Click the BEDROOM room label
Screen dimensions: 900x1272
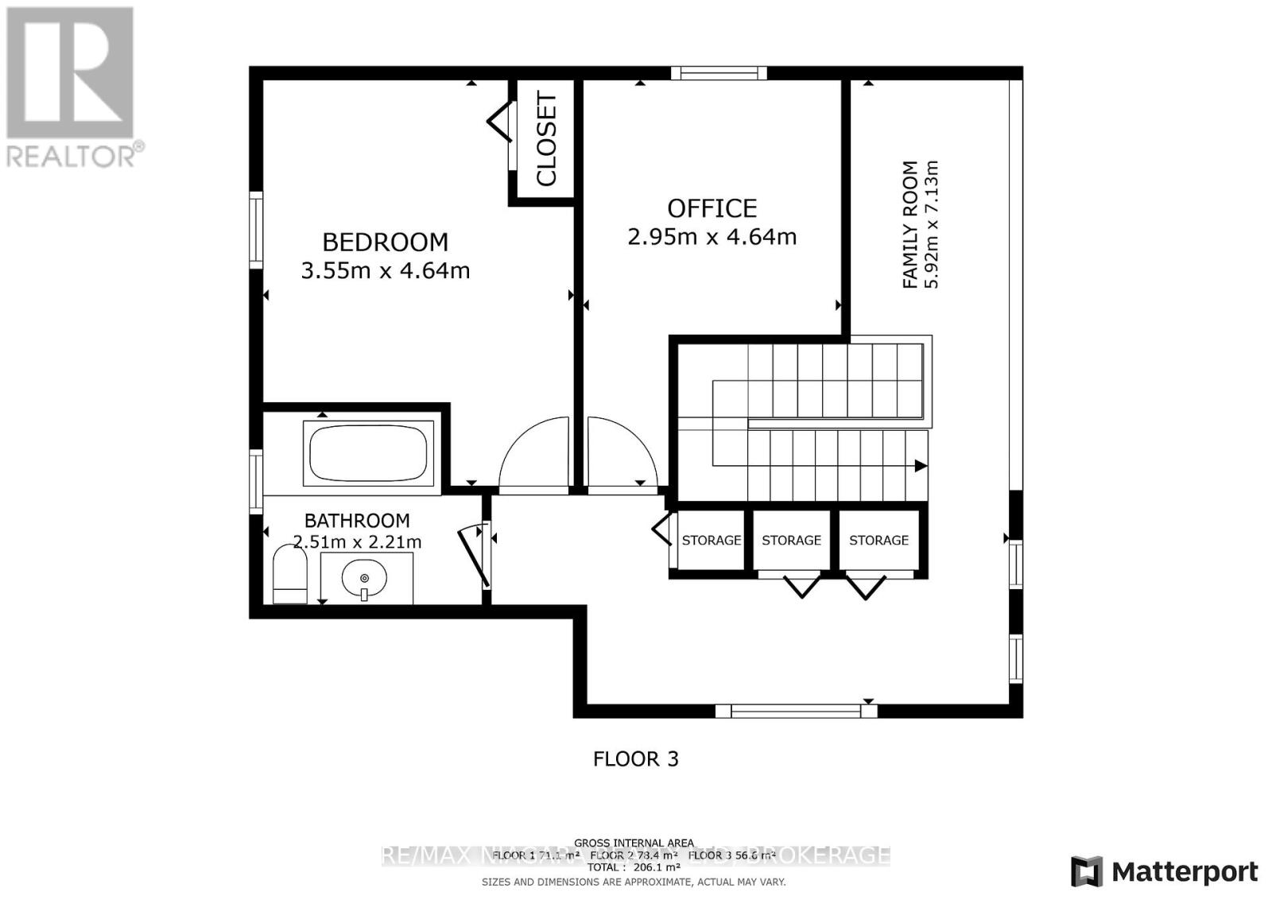(x=385, y=242)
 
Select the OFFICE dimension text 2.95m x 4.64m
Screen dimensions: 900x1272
(x=712, y=237)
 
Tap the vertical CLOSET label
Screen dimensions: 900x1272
(x=547, y=139)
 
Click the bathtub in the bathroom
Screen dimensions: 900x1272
(x=368, y=452)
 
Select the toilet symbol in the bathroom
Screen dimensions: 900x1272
(x=289, y=574)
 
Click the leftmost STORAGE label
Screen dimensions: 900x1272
(x=711, y=541)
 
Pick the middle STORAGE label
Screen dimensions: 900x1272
(x=791, y=541)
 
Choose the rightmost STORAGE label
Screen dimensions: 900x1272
(x=878, y=541)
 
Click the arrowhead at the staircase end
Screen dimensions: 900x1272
(x=921, y=466)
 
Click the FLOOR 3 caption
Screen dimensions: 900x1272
(x=636, y=758)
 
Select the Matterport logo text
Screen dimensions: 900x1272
(x=1184, y=872)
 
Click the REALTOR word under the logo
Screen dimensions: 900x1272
(x=72, y=156)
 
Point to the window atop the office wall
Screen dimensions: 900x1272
(x=719, y=74)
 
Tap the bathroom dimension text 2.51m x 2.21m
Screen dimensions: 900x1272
(x=357, y=543)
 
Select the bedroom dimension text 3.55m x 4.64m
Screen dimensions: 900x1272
(x=385, y=271)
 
